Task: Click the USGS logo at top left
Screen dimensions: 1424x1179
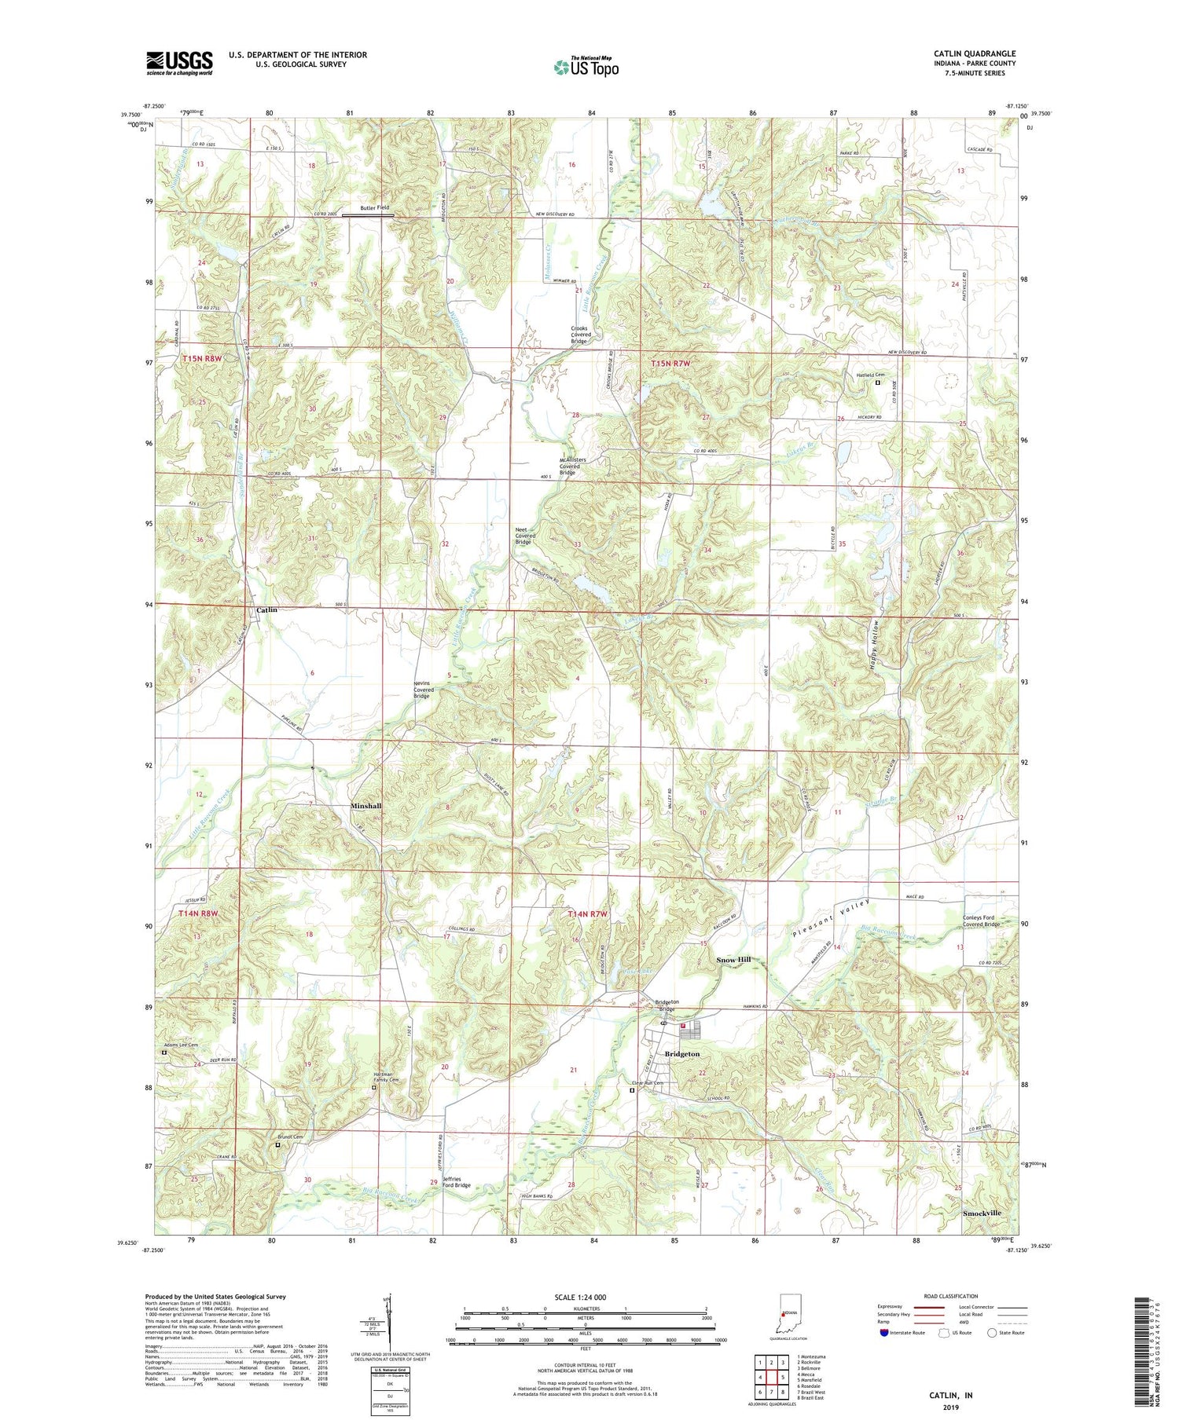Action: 179,63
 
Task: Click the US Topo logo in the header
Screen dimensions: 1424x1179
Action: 586,67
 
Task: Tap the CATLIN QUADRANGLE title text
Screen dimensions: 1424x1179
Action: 971,53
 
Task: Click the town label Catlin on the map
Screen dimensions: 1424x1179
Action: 267,610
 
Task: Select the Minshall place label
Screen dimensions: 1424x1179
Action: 365,806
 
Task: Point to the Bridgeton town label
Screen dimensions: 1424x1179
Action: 681,1053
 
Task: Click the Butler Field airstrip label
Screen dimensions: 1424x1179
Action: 374,207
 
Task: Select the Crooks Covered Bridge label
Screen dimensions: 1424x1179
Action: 581,335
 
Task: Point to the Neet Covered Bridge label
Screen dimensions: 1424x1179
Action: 525,536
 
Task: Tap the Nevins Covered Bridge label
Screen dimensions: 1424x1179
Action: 424,690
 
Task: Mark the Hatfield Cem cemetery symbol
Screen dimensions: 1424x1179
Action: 878,383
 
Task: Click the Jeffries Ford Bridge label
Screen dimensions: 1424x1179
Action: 457,1181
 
